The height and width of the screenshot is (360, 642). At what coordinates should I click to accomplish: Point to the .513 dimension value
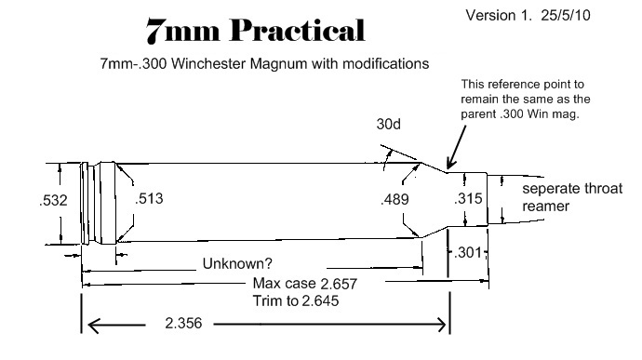152,199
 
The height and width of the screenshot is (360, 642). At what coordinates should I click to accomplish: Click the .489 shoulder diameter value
397,199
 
